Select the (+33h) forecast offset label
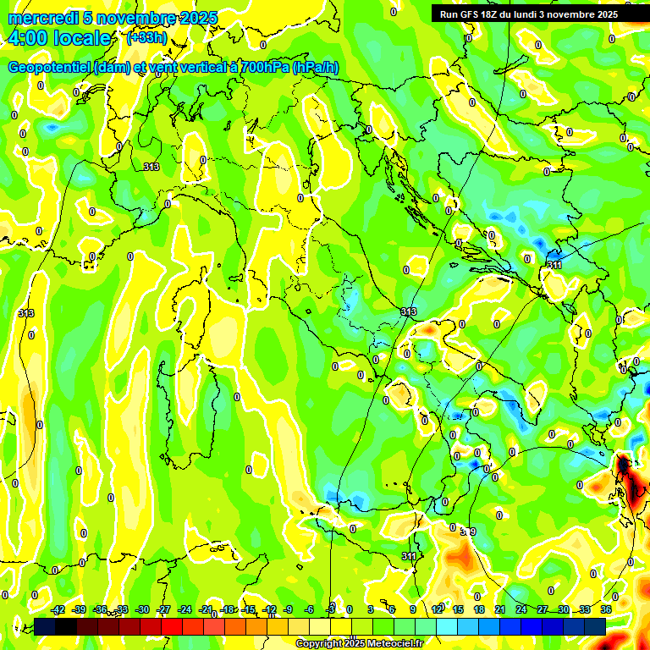pyautogui.click(x=146, y=38)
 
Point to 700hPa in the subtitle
pyautogui.click(x=264, y=68)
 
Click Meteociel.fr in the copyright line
pyautogui.click(x=389, y=644)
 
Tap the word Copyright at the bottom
pyautogui.click(x=319, y=644)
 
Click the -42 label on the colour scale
pyautogui.click(x=58, y=609)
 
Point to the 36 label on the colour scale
pyautogui.click(x=606, y=609)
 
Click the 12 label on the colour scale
pyautogui.click(x=437, y=609)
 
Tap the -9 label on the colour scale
pyautogui.click(x=289, y=609)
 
